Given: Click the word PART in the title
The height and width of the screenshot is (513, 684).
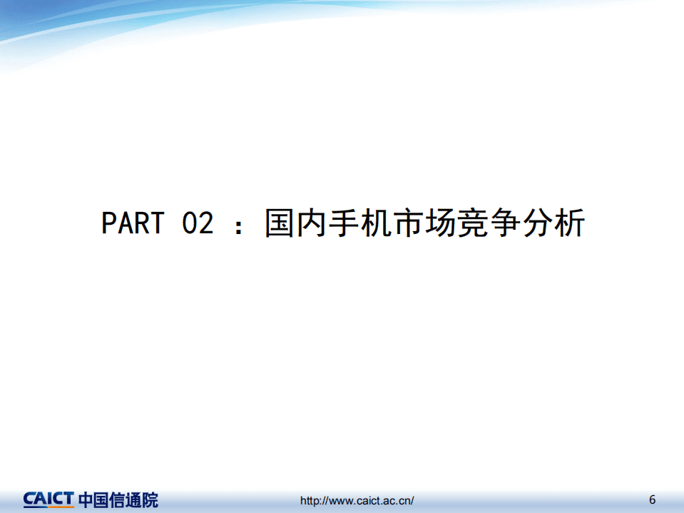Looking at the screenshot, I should tap(132, 223).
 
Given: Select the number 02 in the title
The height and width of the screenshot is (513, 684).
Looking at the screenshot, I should tap(198, 223).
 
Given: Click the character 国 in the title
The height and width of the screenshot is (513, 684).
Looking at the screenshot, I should tap(280, 223).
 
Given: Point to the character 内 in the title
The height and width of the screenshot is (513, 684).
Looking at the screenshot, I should tap(313, 223).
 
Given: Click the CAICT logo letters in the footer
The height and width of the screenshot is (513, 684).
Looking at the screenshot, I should tap(48, 499).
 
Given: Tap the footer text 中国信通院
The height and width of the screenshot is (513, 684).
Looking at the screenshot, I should tap(118, 499).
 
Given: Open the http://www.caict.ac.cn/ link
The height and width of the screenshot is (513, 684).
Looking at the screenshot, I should tap(357, 501).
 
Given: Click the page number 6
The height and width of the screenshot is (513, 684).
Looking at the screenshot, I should tap(652, 498).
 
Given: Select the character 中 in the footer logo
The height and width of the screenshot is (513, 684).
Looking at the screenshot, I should tap(86, 499).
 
